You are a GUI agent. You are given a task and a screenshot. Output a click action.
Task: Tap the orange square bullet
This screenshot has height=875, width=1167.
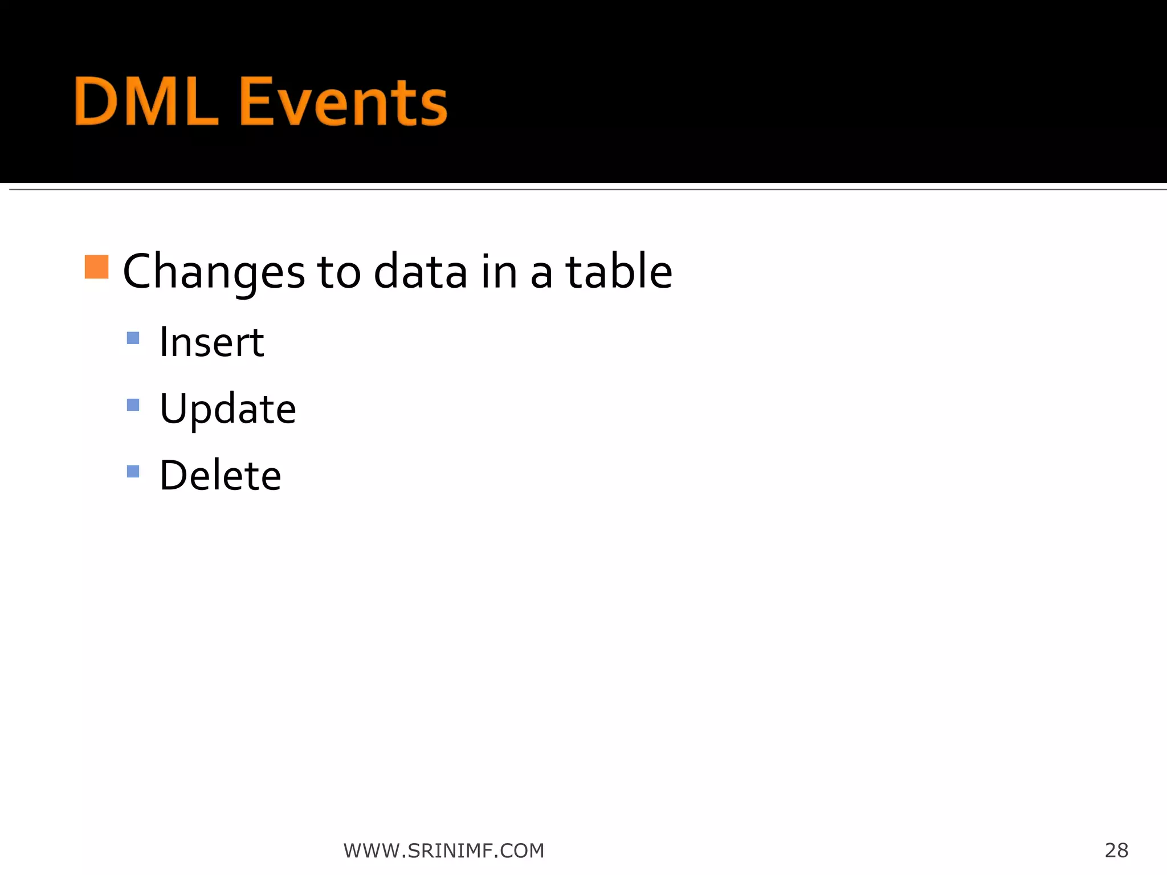(x=96, y=267)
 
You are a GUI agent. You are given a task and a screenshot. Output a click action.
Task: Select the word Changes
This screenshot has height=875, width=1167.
(x=214, y=272)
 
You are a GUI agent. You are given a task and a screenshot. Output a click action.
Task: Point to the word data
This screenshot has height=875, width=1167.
(x=421, y=272)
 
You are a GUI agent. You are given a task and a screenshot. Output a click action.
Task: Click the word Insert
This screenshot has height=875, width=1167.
(x=211, y=342)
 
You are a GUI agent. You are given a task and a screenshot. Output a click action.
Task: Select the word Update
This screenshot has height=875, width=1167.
(x=227, y=409)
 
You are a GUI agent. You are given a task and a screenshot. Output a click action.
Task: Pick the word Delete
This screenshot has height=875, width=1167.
(x=220, y=475)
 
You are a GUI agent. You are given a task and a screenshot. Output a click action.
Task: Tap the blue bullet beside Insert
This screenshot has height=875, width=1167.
(x=133, y=338)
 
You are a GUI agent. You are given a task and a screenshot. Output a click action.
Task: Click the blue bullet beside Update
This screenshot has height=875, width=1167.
(x=133, y=405)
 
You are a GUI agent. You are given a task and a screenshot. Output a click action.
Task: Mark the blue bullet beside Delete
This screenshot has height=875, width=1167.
(x=133, y=472)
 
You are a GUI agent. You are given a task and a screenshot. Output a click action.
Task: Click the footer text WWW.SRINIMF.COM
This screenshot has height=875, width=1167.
(x=443, y=851)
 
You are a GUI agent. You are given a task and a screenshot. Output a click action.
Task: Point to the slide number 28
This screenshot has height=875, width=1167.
(x=1116, y=850)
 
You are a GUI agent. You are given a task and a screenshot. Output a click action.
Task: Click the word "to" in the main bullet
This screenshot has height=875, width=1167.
(x=338, y=272)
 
